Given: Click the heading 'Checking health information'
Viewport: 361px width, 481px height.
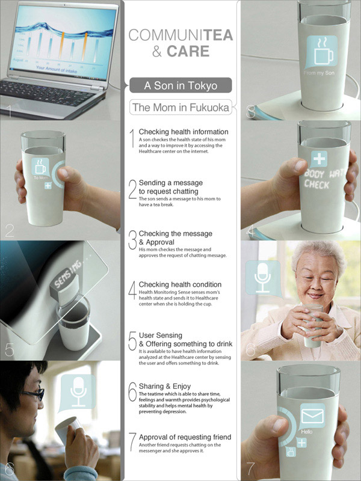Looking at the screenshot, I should coord(184,132).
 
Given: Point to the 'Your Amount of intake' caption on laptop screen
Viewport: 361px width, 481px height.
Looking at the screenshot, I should coord(57,68).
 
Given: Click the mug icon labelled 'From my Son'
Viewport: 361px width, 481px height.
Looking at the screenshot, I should coord(321,51).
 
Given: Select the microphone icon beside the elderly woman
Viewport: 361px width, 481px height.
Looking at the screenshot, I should coord(262,276).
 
